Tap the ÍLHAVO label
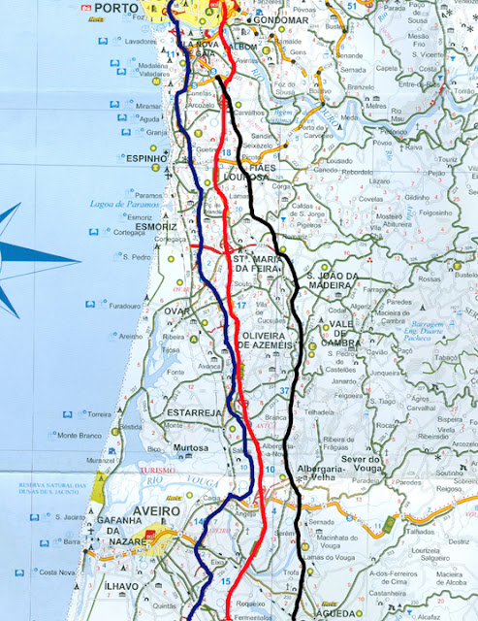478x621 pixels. coord(121,588)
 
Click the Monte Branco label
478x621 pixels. coord(80,435)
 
